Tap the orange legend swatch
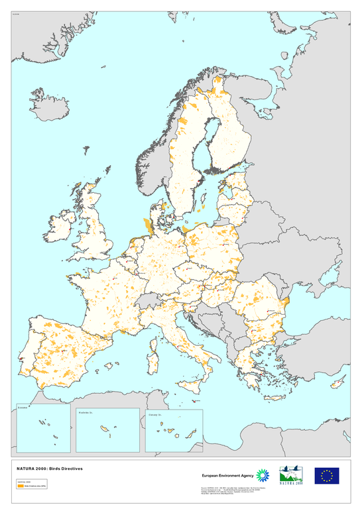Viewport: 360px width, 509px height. tap(20, 485)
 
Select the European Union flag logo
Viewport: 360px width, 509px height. tap(326, 475)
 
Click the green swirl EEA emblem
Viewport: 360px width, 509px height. tap(263, 475)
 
